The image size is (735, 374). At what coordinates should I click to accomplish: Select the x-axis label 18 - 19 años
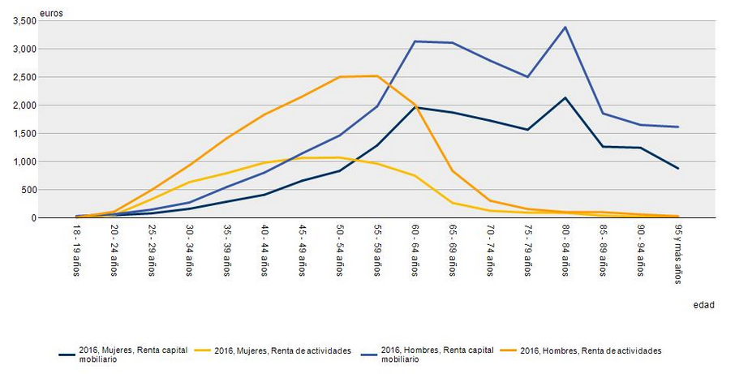click(77, 252)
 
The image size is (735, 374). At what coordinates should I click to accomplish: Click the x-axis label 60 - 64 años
click(415, 252)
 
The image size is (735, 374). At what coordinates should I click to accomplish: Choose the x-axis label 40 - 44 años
click(264, 252)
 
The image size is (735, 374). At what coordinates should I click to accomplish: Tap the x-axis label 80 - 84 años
click(565, 252)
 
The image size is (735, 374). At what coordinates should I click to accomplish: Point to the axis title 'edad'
click(703, 305)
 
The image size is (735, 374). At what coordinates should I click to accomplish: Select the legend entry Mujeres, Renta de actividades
click(283, 350)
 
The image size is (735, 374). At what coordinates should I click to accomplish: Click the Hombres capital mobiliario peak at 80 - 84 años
click(565, 28)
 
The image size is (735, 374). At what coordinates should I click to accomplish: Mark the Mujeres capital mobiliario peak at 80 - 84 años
click(565, 98)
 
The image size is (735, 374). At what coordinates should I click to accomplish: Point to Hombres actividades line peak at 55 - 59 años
click(377, 76)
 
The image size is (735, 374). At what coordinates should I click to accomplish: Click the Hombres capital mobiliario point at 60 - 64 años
click(415, 41)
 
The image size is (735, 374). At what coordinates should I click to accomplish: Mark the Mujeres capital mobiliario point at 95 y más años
click(677, 169)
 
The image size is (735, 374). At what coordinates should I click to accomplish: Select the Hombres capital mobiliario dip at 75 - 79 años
click(527, 77)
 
